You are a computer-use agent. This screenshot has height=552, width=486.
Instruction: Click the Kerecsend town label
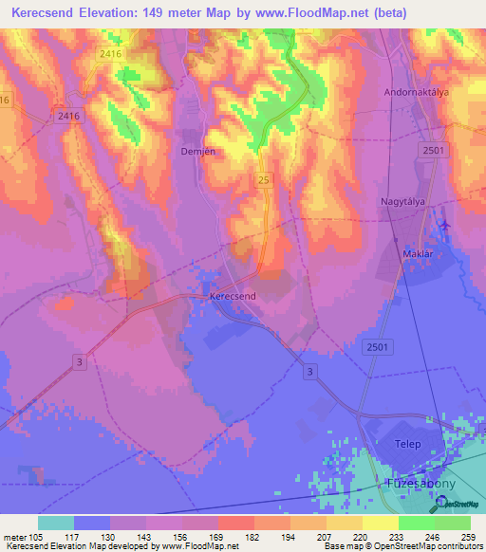tap(233, 297)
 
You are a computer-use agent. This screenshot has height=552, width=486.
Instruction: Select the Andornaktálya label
tap(416, 92)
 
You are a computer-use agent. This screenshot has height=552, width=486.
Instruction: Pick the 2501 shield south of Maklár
tap(377, 348)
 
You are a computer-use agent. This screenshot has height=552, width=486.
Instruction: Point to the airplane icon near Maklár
tap(445, 226)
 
